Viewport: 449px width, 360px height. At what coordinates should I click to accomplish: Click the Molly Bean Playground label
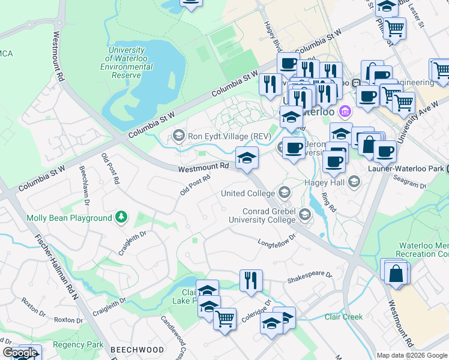click(x=69, y=218)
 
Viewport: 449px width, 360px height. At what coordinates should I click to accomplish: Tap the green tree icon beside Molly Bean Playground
click(x=122, y=217)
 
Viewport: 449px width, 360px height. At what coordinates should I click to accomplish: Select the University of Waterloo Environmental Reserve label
click(x=126, y=63)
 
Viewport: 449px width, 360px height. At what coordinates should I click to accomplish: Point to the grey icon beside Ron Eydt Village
click(x=178, y=136)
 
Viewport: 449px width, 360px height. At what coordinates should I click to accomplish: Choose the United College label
click(x=248, y=193)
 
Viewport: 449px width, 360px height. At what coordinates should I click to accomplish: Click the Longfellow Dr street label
click(x=277, y=241)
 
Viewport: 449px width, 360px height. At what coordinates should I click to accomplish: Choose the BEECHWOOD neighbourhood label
click(x=136, y=349)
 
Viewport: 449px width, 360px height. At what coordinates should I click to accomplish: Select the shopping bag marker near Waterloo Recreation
click(x=396, y=273)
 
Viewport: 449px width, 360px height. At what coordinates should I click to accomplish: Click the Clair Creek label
click(x=343, y=316)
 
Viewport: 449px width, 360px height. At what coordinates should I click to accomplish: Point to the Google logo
click(x=20, y=353)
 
